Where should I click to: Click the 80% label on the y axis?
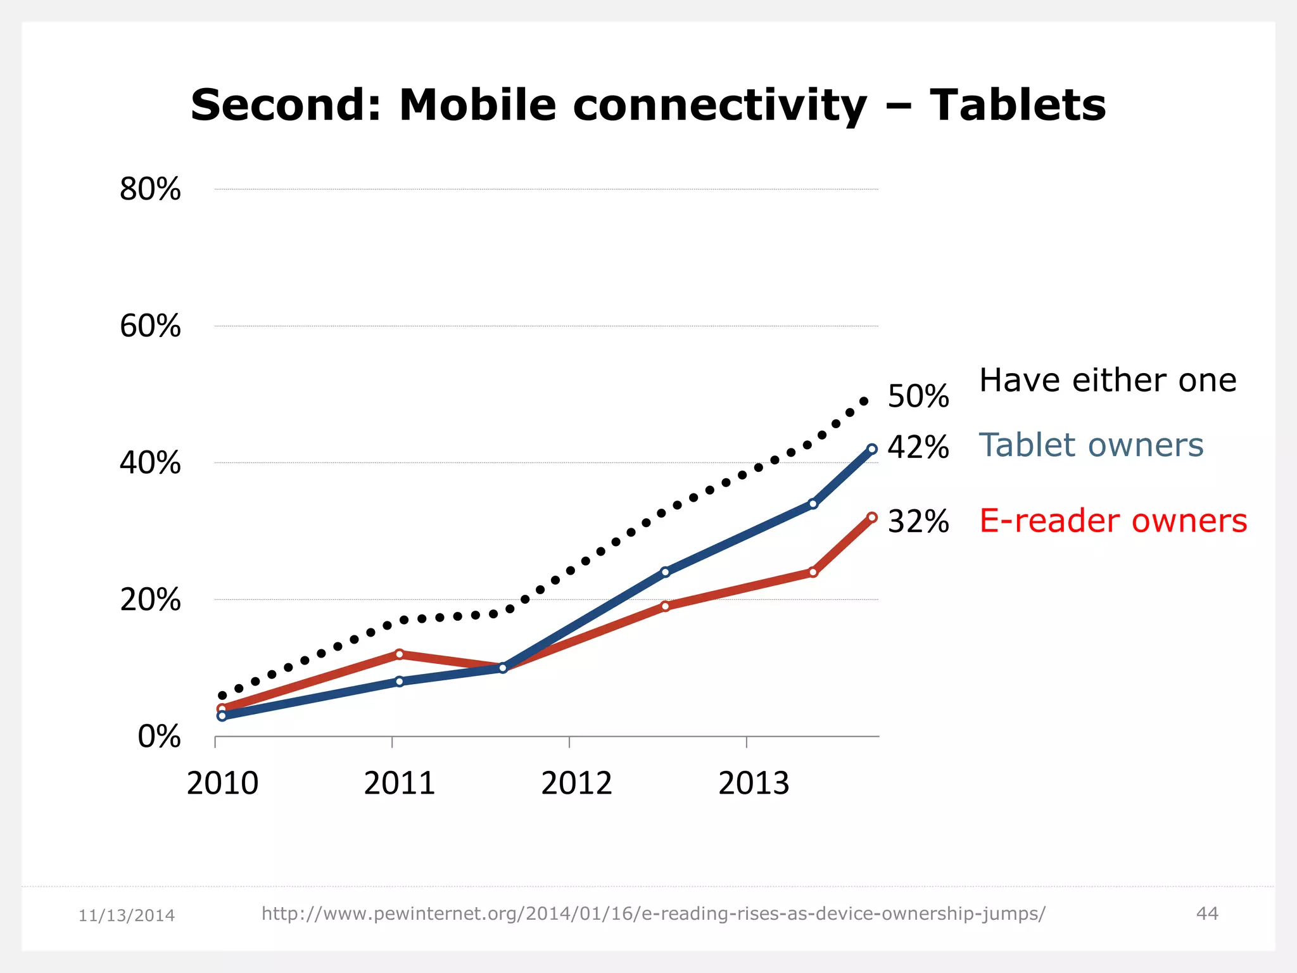(150, 189)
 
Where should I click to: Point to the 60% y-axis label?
(150, 326)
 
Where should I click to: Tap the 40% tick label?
(150, 463)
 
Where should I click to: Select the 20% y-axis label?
(150, 600)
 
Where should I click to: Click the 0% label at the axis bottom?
(159, 737)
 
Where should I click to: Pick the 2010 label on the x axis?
(222, 784)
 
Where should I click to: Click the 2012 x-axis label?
(576, 784)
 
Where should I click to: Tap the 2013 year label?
(754, 784)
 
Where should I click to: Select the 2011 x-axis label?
(400, 784)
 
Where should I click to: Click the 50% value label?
(918, 397)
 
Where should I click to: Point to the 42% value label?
(918, 447)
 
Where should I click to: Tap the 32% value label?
(918, 522)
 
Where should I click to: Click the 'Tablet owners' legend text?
(1091, 445)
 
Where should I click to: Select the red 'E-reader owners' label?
(1113, 521)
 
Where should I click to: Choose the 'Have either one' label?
(1108, 381)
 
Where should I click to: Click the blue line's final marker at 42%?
(872, 449)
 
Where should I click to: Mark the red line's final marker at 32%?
(872, 518)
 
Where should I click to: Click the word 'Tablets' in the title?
(1018, 105)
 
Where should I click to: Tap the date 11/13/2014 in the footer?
(127, 915)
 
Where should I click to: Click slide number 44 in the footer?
(1207, 913)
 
